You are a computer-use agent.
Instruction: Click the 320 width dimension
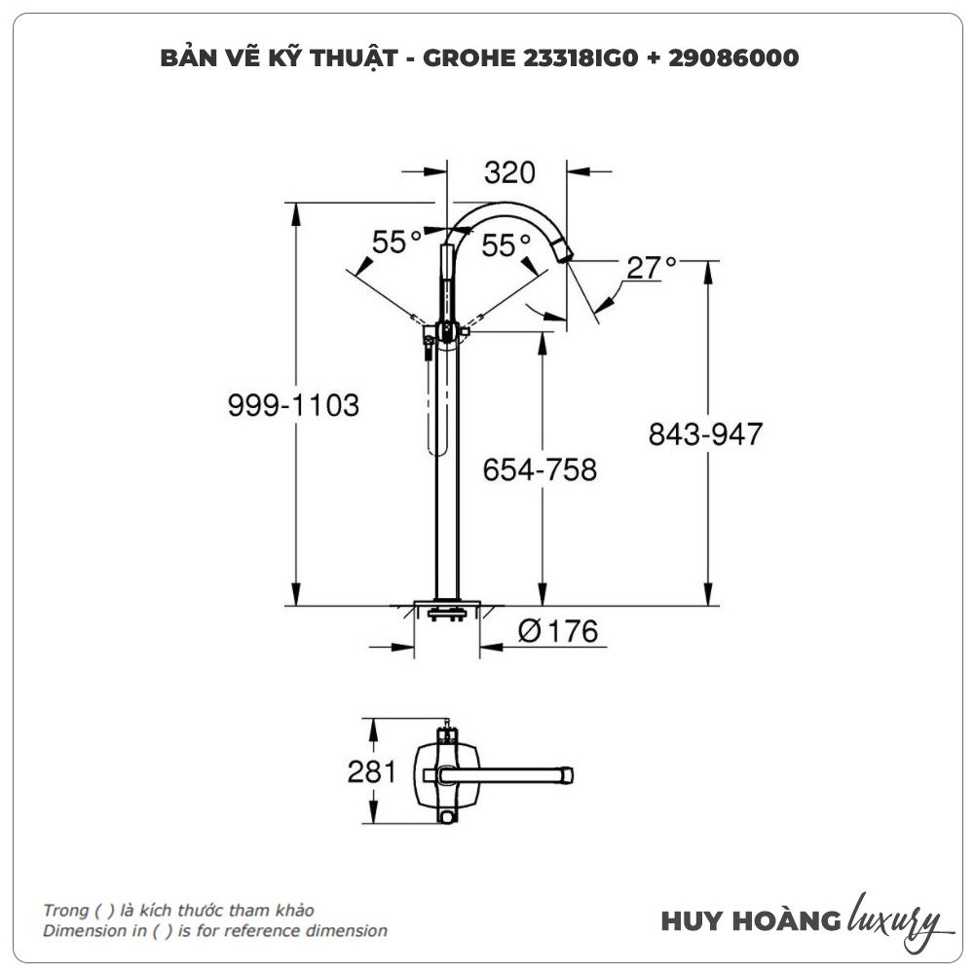pyautogui.click(x=509, y=172)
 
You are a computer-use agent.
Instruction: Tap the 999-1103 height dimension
pyautogui.click(x=293, y=405)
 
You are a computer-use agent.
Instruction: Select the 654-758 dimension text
pyautogui.click(x=540, y=470)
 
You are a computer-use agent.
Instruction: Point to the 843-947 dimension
pyautogui.click(x=705, y=434)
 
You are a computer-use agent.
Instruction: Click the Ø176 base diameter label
pyautogui.click(x=558, y=631)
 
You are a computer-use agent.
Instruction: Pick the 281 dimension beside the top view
pyautogui.click(x=371, y=772)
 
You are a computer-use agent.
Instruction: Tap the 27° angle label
pyautogui.click(x=651, y=268)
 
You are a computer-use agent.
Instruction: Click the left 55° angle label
pyautogui.click(x=397, y=242)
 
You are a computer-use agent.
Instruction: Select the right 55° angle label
pyautogui.click(x=506, y=245)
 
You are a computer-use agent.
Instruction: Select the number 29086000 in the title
pyautogui.click(x=733, y=57)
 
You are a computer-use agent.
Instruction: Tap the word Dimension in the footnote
pyautogui.click(x=76, y=930)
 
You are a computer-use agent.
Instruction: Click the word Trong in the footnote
pyautogui.click(x=65, y=911)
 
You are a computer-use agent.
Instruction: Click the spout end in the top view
pyautogui.click(x=566, y=775)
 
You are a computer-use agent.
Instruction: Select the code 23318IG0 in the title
pyautogui.click(x=581, y=57)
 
